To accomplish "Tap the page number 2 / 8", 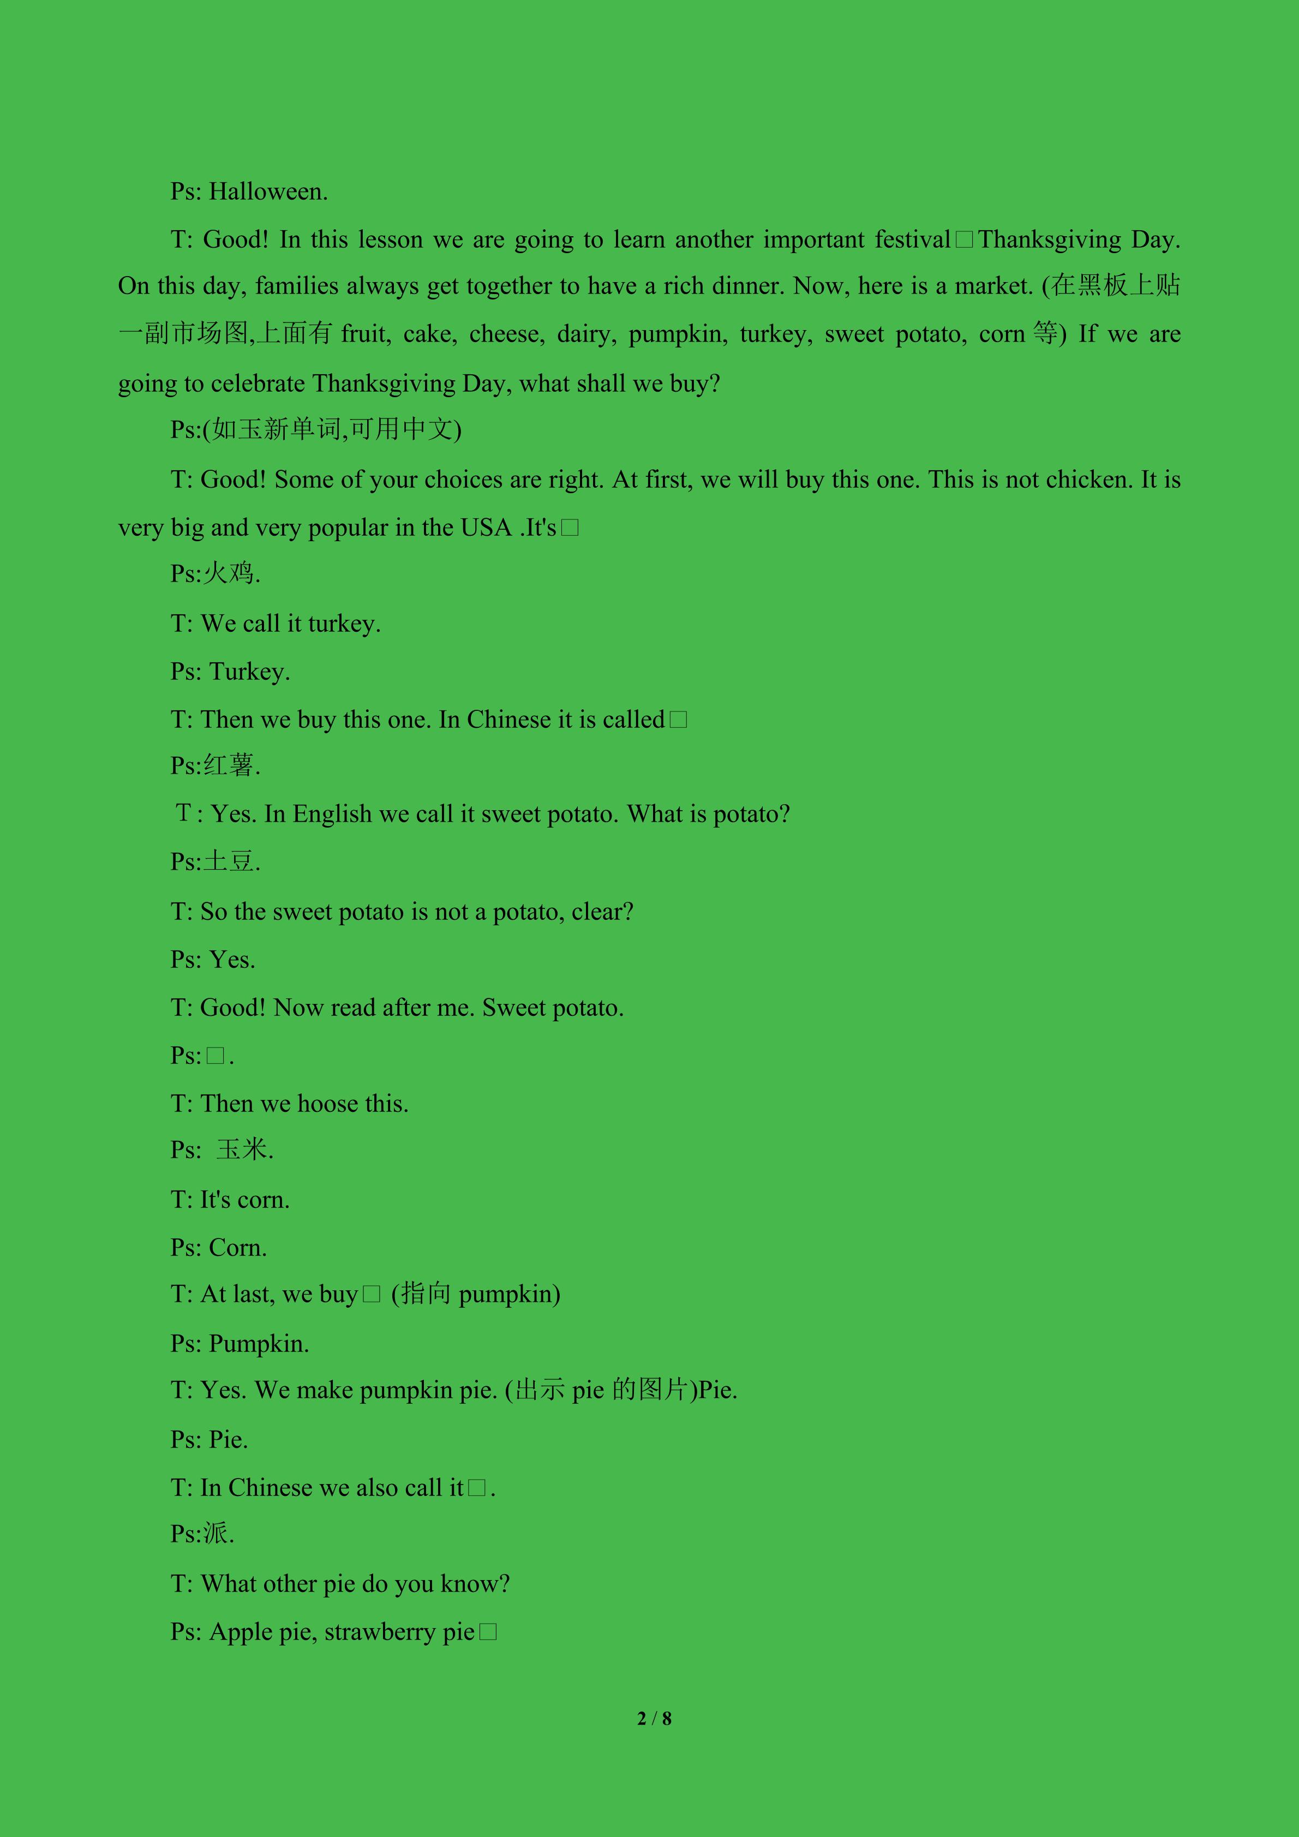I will (654, 1718).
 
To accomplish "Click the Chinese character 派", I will (216, 1534).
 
